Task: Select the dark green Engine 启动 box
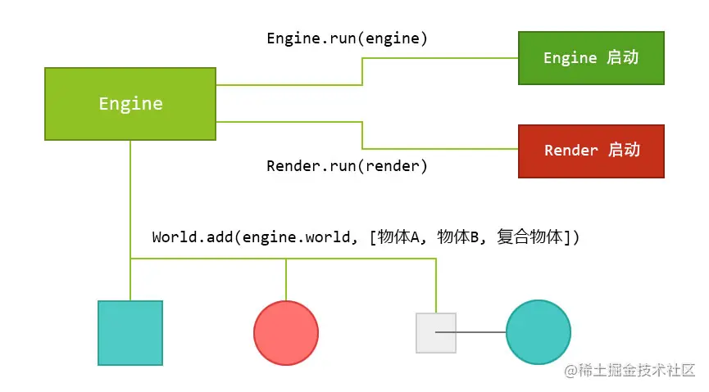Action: tap(591, 58)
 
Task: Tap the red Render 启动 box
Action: tap(591, 151)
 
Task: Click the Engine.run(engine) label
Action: tap(347, 38)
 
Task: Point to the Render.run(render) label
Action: tap(347, 166)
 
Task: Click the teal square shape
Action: tap(130, 332)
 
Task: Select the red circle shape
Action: tap(285, 332)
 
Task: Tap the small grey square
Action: tap(436, 332)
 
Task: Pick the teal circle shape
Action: tap(538, 332)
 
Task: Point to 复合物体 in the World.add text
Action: tap(530, 237)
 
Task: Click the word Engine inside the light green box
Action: tap(130, 104)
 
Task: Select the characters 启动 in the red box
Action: tap(623, 151)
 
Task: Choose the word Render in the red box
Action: tap(570, 151)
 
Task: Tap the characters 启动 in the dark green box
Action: tap(623, 58)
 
